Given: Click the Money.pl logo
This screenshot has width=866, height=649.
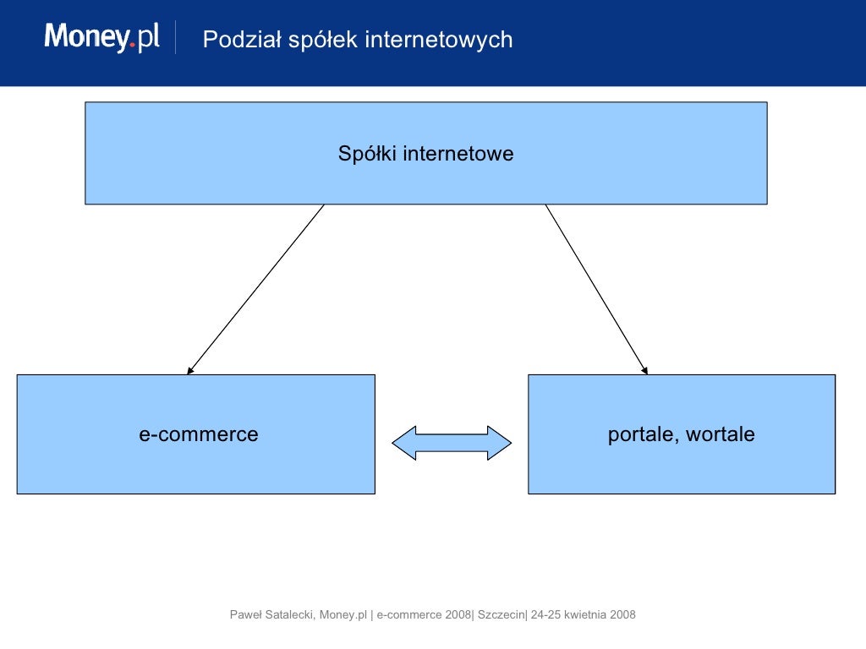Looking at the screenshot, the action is pos(101,38).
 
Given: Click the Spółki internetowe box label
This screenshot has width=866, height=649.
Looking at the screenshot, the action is pos(425,154).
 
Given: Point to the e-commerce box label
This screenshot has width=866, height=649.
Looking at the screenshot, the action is pos(199,434).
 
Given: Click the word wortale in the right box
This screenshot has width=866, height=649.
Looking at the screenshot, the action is pos(721,434).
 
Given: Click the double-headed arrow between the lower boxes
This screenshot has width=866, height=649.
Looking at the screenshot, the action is pos(452,443).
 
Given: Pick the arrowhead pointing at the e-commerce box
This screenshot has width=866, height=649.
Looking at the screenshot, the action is pos(191,369).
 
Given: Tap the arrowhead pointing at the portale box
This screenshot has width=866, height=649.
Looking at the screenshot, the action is pos(644,369).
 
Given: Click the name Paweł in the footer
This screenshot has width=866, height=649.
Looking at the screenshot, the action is pos(246,614).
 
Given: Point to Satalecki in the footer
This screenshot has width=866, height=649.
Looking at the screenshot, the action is pos(291,614).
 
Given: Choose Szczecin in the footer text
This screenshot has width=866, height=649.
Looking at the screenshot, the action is pos(502,614).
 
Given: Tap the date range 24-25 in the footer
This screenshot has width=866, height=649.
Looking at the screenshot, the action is pos(545,614).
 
